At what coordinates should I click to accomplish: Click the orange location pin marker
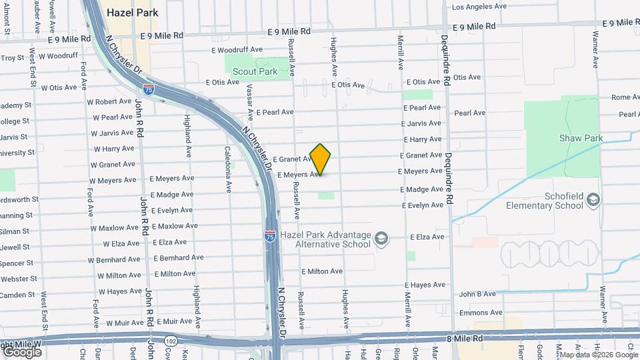tap(321, 159)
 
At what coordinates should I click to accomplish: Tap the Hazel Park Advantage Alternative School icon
tap(381, 239)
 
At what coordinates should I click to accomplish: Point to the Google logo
tap(22, 351)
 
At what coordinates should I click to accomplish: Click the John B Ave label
tap(477, 293)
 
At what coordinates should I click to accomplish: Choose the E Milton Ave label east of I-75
tap(322, 271)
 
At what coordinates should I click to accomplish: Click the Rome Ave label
tap(625, 97)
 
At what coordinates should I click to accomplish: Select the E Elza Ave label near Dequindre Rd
tap(427, 237)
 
